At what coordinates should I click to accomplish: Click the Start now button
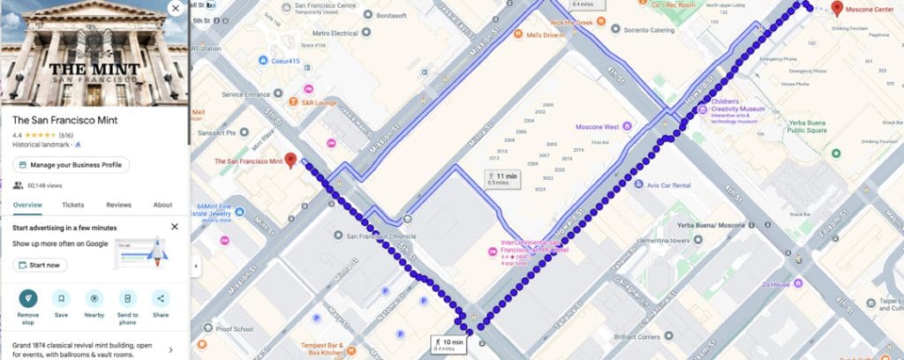(40, 265)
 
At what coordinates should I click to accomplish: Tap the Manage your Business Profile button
(72, 165)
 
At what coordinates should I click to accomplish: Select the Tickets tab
(73, 205)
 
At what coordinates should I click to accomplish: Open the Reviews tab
(118, 205)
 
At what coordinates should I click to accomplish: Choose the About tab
(162, 205)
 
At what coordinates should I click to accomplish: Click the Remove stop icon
(28, 298)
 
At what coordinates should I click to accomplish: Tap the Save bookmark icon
(61, 298)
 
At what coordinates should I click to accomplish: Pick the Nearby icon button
(94, 298)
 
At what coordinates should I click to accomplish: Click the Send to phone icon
(128, 298)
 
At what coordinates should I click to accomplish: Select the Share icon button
(161, 298)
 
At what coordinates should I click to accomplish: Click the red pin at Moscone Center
(837, 8)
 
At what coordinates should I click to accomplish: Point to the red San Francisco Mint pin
(290, 161)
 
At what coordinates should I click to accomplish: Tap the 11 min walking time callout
(501, 177)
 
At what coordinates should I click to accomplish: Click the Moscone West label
(599, 127)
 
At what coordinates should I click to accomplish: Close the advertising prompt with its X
(175, 227)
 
